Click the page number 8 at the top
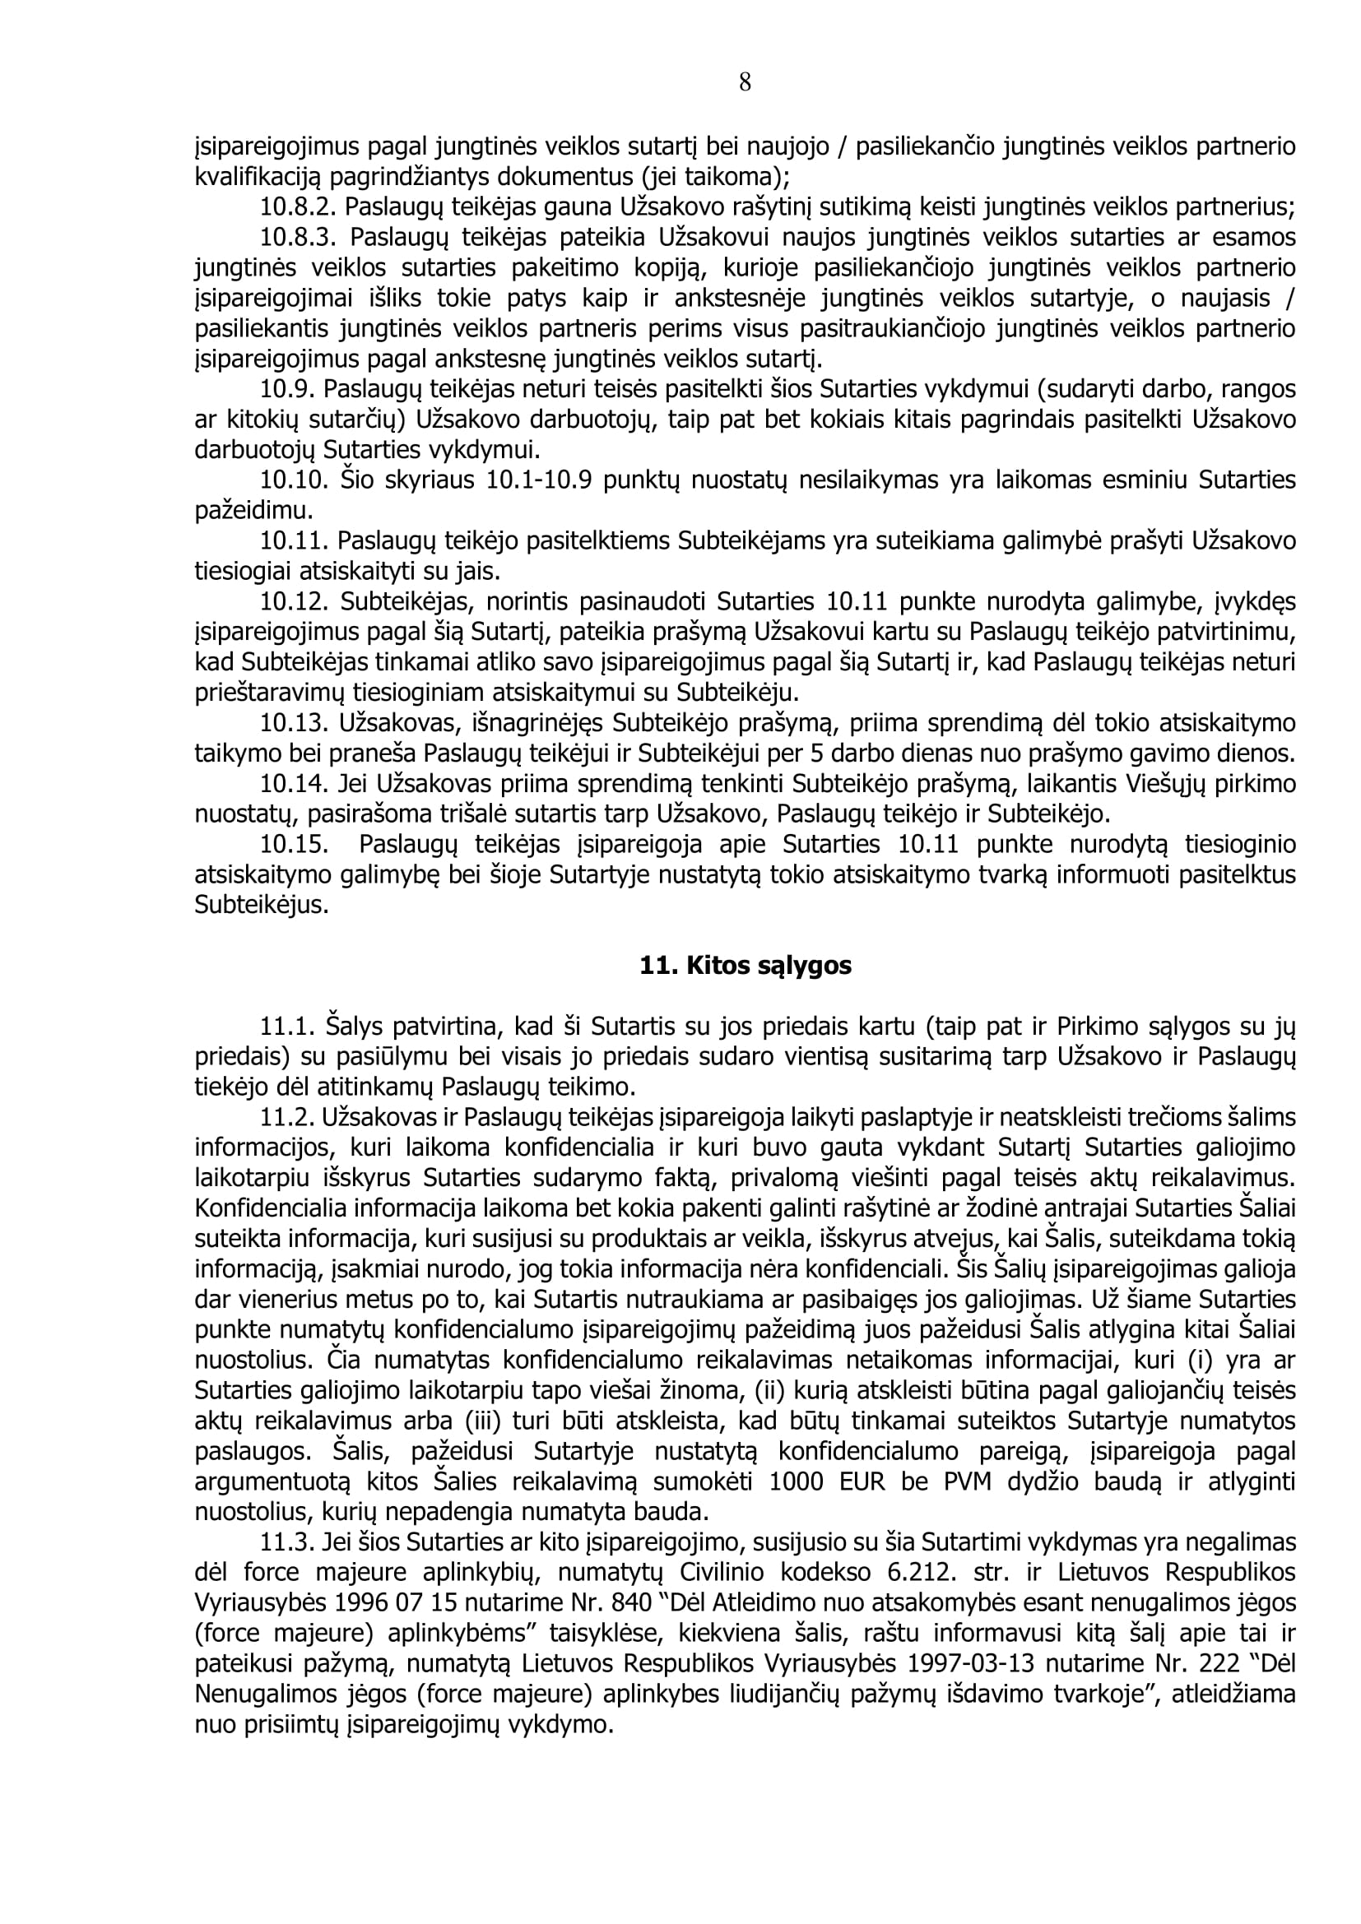(x=745, y=82)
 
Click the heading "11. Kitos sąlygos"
(x=745, y=966)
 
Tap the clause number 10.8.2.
(x=299, y=206)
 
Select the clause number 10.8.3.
(x=299, y=237)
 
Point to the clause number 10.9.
(x=288, y=389)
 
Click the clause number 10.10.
(x=294, y=480)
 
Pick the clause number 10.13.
(x=294, y=722)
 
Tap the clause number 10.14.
(x=294, y=784)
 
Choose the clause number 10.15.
(x=294, y=844)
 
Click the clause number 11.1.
(x=288, y=1027)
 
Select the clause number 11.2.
(x=288, y=1117)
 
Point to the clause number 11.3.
(x=288, y=1542)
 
